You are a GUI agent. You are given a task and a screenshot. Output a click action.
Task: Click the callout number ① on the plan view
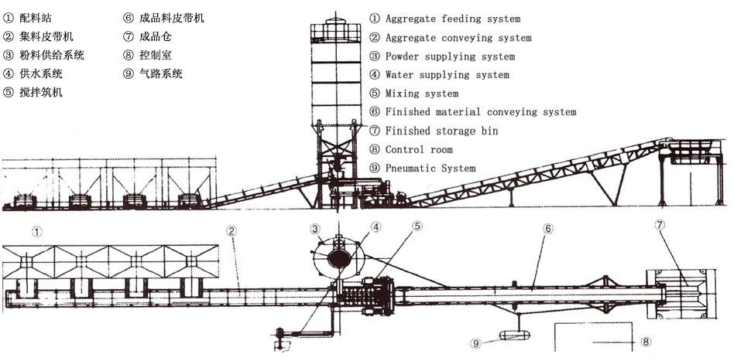[x=36, y=230]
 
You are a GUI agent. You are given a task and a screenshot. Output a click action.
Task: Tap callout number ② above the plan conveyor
[x=231, y=230]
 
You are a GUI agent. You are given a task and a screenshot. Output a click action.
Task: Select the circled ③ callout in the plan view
[x=315, y=228]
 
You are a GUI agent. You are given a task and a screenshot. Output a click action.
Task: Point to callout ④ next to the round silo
[x=375, y=227]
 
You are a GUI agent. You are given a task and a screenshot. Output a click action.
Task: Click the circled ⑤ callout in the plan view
[x=417, y=226]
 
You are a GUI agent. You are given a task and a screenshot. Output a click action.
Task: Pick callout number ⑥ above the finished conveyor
[x=547, y=230]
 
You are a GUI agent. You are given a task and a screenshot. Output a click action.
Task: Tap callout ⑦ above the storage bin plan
[x=660, y=226]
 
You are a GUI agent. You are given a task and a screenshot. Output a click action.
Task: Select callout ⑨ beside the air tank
[x=476, y=342]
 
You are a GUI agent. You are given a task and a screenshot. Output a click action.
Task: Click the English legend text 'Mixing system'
[x=421, y=94]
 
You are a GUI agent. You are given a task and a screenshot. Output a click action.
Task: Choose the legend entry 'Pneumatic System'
[x=430, y=168]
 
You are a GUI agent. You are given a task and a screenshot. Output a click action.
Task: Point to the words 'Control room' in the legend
[x=418, y=149]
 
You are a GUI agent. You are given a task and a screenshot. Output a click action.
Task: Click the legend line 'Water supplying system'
[x=447, y=75]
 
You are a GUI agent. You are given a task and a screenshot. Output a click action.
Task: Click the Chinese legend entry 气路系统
[x=162, y=74]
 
